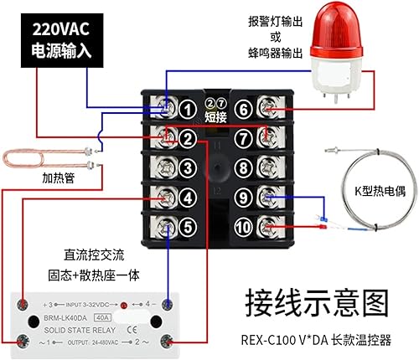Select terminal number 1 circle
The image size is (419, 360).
[x=189, y=108]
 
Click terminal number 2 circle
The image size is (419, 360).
[x=189, y=137]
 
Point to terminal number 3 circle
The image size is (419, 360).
[x=189, y=167]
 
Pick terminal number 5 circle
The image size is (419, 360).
[x=189, y=225]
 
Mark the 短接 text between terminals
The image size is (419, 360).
[x=216, y=116]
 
